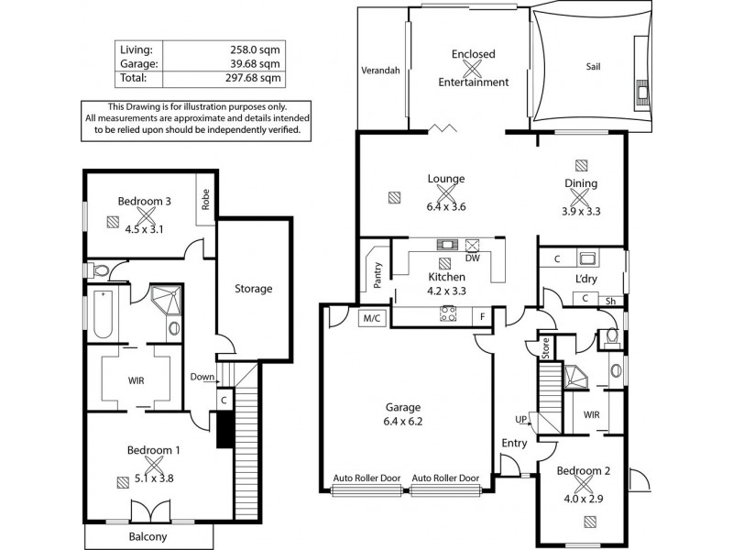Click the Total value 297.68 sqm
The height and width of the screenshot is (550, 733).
tap(258, 79)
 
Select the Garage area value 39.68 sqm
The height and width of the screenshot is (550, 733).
tap(258, 64)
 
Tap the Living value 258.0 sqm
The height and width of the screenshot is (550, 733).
tap(258, 49)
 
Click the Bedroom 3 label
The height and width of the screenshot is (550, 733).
tap(144, 202)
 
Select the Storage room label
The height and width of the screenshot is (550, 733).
tap(253, 289)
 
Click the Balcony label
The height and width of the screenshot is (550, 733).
tap(148, 536)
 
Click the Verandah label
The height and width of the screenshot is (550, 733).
tap(381, 70)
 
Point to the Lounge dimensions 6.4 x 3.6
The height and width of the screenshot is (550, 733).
tap(446, 206)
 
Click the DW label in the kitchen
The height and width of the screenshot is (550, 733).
tap(473, 258)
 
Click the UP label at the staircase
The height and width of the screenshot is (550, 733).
tap(522, 419)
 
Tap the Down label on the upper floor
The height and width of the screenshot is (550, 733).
tap(202, 377)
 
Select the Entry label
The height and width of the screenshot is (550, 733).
tap(514, 444)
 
